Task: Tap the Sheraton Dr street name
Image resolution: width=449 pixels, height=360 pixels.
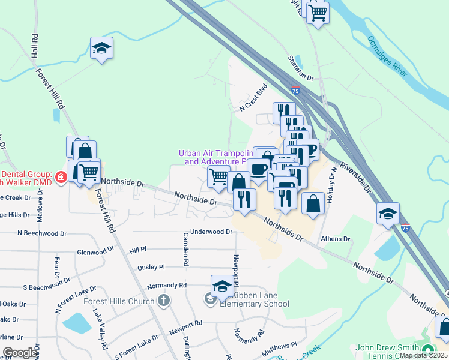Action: (301, 67)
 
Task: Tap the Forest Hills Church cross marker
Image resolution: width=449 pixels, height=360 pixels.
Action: (164, 301)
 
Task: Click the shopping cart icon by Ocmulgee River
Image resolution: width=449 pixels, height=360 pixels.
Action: (318, 11)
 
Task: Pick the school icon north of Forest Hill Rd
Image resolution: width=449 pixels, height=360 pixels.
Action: (101, 48)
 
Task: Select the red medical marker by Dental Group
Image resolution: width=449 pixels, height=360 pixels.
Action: (60, 177)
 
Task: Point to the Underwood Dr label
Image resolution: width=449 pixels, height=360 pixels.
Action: (211, 232)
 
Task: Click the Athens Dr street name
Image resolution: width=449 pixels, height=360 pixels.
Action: (336, 239)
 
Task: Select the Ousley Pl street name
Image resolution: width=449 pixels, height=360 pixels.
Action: (151, 267)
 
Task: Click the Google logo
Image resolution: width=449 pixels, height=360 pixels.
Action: (20, 353)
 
